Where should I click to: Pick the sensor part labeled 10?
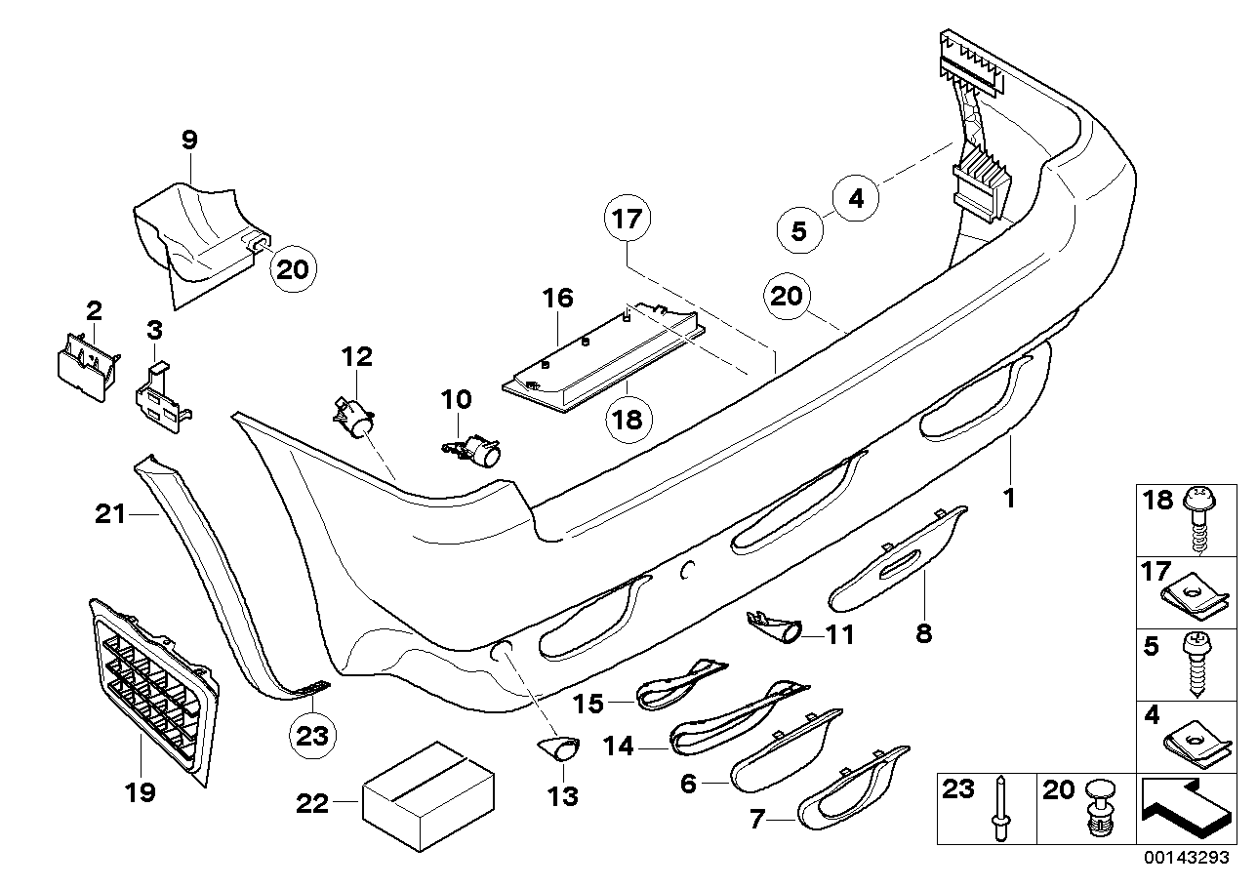pos(474,449)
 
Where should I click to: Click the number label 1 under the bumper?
pos(1009,499)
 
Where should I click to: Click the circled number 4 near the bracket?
pos(856,199)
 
